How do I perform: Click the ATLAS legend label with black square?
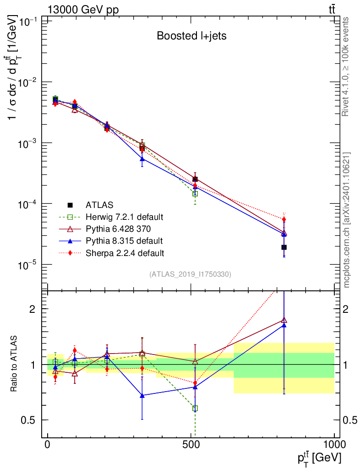[x=99, y=205]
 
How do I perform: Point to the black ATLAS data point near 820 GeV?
[x=284, y=247]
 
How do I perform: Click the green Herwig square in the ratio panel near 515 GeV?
[x=195, y=408]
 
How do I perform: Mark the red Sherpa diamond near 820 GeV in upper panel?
[x=284, y=219]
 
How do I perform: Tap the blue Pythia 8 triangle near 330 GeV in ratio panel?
[x=142, y=395]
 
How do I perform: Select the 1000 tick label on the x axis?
[x=334, y=445]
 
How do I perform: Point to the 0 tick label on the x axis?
[x=48, y=445]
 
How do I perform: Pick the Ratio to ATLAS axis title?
[x=15, y=364]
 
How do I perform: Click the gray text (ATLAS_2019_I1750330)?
[x=190, y=274]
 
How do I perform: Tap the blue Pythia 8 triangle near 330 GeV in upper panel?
[x=142, y=159]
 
